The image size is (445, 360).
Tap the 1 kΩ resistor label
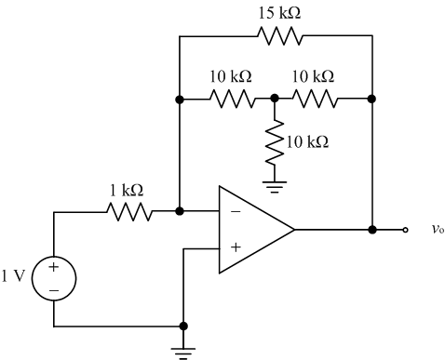point(127,191)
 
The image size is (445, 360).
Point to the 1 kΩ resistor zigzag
point(127,211)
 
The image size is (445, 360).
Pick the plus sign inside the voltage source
point(53,268)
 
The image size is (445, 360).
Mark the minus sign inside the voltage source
point(53,289)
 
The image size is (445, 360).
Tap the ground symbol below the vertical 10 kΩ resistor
point(274,185)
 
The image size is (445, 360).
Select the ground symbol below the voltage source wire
point(182,351)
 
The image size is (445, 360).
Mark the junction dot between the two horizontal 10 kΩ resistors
point(274,98)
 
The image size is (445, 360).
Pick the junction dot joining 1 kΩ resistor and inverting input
point(179,211)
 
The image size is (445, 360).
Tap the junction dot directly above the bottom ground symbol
point(182,327)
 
